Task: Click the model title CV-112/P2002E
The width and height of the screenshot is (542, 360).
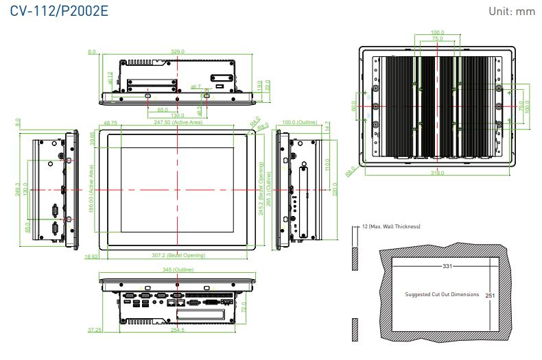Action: coord(56,12)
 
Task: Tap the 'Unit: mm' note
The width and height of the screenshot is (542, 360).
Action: coord(512,12)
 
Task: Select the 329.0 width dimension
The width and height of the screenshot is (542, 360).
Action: coord(178,51)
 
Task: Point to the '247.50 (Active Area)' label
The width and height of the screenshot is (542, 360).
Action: coord(178,123)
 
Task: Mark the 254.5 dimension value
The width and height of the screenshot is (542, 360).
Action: coord(177,330)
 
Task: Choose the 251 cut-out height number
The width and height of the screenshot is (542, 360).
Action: coord(490,295)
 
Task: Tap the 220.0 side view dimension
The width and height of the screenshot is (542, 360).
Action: coord(335,188)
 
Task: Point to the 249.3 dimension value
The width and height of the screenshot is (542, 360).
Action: coord(18,189)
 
